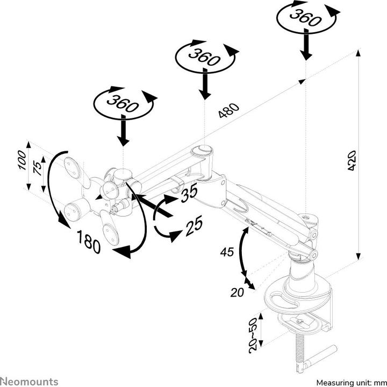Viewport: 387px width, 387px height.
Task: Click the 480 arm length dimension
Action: point(228,112)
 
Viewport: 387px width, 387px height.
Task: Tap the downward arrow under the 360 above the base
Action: point(305,49)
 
